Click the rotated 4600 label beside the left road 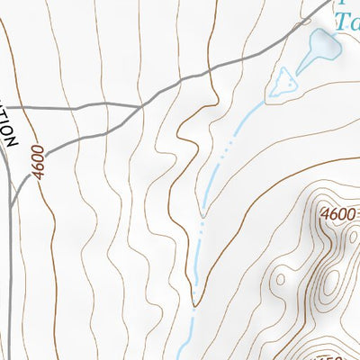coord(37,161)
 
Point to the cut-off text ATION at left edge coord(7,126)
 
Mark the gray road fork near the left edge coord(13,184)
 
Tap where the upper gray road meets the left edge coord(3,109)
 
